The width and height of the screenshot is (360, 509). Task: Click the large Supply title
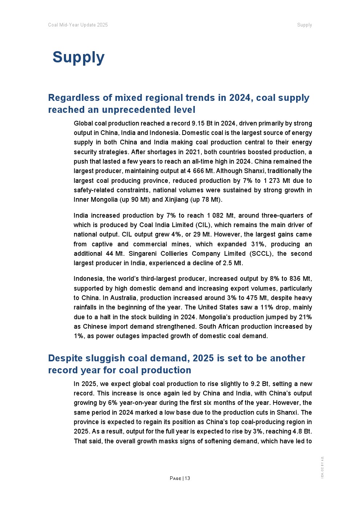[x=78, y=57]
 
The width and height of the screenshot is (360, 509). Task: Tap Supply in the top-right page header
[x=304, y=25]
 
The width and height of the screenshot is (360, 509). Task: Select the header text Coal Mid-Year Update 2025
[x=78, y=25]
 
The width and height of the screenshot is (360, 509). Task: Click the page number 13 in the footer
[x=187, y=478]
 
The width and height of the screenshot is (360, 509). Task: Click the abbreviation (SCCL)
[x=261, y=254]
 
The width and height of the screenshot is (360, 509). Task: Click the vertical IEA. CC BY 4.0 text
[x=322, y=467]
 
